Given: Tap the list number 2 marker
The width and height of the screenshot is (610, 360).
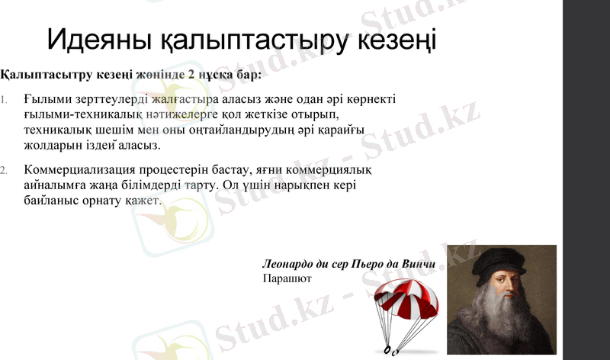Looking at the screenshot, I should pyautogui.click(x=5, y=169).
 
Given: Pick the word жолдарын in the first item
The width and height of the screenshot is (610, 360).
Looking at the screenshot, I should pyautogui.click(x=50, y=143).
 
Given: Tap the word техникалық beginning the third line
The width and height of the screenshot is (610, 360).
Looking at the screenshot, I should pyautogui.click(x=59, y=129).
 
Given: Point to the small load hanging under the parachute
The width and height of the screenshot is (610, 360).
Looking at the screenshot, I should pyautogui.click(x=390, y=350).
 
